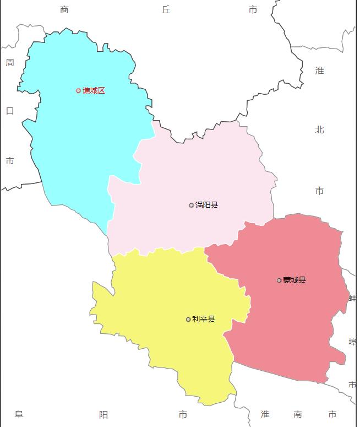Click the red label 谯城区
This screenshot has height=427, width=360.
(94, 91)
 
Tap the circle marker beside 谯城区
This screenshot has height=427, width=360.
(78, 91)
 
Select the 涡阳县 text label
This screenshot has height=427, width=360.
(206, 205)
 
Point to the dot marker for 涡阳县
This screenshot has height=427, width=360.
(192, 206)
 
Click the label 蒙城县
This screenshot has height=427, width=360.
(294, 280)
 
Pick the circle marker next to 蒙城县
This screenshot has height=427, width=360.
(279, 280)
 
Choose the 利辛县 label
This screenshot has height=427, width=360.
(204, 319)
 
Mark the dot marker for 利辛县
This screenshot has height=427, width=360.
(188, 320)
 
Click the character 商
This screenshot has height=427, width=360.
(64, 9)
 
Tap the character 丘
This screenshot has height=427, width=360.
(166, 9)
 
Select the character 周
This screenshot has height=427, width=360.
(10, 63)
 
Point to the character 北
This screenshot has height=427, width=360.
(319, 130)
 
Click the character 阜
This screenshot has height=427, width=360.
(19, 414)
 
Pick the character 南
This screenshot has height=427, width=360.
(298, 414)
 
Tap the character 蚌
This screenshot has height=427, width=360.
(352, 298)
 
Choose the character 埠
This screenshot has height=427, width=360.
(352, 342)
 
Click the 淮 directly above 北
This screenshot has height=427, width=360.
(319, 71)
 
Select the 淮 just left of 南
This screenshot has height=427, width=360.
(265, 414)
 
